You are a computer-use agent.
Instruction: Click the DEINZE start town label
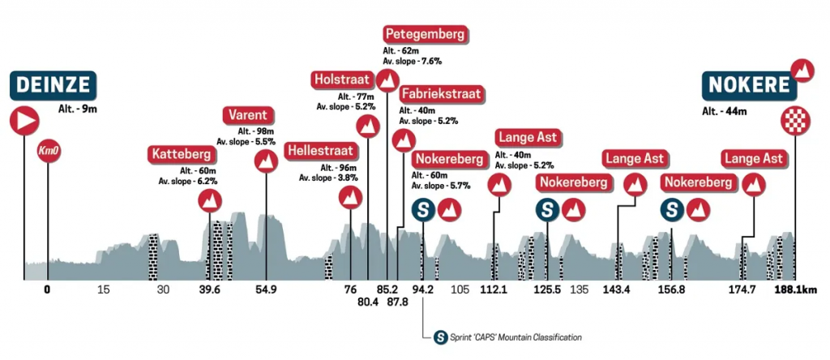[x=53, y=85]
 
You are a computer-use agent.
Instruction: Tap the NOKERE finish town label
[x=750, y=85]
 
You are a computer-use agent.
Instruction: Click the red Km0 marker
[x=48, y=150]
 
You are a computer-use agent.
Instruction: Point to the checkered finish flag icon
[x=795, y=121]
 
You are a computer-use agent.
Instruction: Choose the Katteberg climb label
[x=181, y=154]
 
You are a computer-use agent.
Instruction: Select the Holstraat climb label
[x=342, y=79]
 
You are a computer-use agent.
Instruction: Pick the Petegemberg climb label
[x=426, y=35]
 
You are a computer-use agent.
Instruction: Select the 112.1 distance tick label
[x=494, y=289]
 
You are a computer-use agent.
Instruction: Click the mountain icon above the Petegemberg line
[x=387, y=79]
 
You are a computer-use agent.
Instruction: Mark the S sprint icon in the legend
[x=440, y=336]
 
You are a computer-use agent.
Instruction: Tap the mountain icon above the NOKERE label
[x=802, y=71]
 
